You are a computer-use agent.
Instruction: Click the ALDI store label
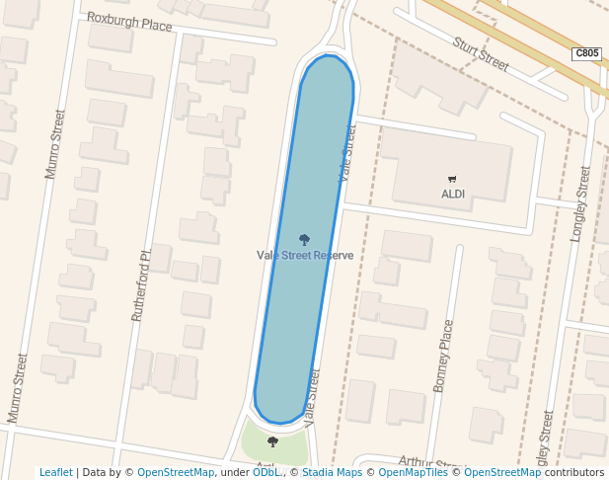[x=452, y=194]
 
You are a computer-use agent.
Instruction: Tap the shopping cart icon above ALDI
[x=452, y=179]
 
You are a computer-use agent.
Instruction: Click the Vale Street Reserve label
[x=305, y=256]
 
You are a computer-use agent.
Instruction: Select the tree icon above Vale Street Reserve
[x=304, y=240]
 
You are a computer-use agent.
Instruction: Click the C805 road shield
[x=586, y=54]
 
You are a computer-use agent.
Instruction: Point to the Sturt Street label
[x=481, y=54]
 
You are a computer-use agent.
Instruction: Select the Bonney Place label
[x=443, y=356]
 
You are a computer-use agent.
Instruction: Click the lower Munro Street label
[x=17, y=388]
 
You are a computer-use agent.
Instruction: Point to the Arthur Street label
[x=430, y=461]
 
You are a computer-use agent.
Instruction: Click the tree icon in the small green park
[x=273, y=441]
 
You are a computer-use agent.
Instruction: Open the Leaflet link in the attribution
[x=55, y=473]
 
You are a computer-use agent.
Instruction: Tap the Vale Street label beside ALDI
[x=346, y=156]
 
